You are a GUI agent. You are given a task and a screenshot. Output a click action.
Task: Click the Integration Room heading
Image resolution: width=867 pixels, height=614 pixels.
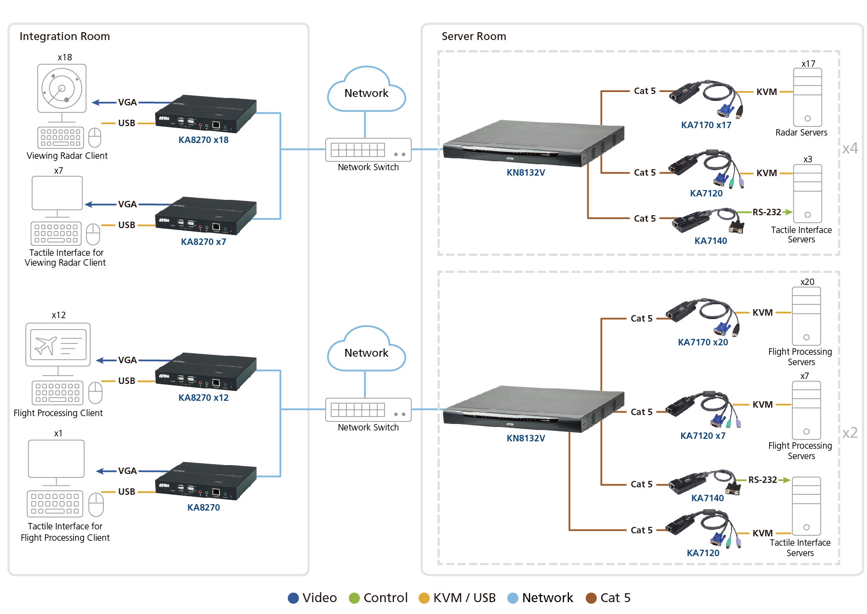pyautogui.click(x=65, y=37)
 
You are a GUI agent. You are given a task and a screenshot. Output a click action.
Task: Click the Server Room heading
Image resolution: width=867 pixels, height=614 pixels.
pyautogui.click(x=474, y=37)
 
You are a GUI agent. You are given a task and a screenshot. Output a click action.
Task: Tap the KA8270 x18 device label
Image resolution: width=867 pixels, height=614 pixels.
pyautogui.click(x=203, y=140)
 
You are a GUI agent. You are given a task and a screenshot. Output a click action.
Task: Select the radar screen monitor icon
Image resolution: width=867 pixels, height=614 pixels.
pyautogui.click(x=62, y=89)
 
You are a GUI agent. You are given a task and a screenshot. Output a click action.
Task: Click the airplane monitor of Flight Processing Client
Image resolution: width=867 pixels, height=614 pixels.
pyautogui.click(x=58, y=344)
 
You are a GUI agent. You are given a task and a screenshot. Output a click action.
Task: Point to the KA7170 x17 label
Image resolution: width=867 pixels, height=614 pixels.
pyautogui.click(x=706, y=125)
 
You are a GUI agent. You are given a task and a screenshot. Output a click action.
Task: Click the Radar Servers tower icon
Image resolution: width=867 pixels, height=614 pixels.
pyautogui.click(x=807, y=97)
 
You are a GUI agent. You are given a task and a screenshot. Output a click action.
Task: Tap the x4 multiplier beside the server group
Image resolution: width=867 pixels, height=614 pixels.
pyautogui.click(x=850, y=148)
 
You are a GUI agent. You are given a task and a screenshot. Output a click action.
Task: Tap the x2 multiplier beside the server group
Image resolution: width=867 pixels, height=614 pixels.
pyautogui.click(x=850, y=433)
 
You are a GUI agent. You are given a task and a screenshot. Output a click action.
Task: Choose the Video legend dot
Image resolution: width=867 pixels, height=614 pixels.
pyautogui.click(x=293, y=598)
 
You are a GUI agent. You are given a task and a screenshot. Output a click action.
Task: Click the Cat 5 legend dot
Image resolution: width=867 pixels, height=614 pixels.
pyautogui.click(x=591, y=598)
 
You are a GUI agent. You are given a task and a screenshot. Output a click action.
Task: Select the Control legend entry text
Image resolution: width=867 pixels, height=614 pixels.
pyautogui.click(x=386, y=598)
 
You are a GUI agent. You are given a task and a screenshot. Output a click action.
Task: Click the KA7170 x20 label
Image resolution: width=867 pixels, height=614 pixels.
pyautogui.click(x=702, y=342)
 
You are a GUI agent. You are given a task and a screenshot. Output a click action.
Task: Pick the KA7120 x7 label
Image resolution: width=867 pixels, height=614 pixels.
pyautogui.click(x=702, y=436)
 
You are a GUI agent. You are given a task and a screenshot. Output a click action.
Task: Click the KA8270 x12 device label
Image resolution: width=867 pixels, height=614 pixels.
pyautogui.click(x=203, y=398)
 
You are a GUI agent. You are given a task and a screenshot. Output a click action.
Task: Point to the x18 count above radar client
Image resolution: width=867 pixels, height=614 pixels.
pyautogui.click(x=65, y=57)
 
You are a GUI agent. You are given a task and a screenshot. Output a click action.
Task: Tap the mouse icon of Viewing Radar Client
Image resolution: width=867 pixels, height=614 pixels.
pyautogui.click(x=94, y=138)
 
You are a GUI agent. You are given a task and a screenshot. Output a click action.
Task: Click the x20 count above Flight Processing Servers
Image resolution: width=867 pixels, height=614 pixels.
pyautogui.click(x=807, y=282)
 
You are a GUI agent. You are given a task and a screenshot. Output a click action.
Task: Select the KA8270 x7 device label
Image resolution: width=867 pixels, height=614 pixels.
pyautogui.click(x=203, y=242)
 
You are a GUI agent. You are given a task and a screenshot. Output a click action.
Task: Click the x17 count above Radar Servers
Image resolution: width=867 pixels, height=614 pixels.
pyautogui.click(x=808, y=64)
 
